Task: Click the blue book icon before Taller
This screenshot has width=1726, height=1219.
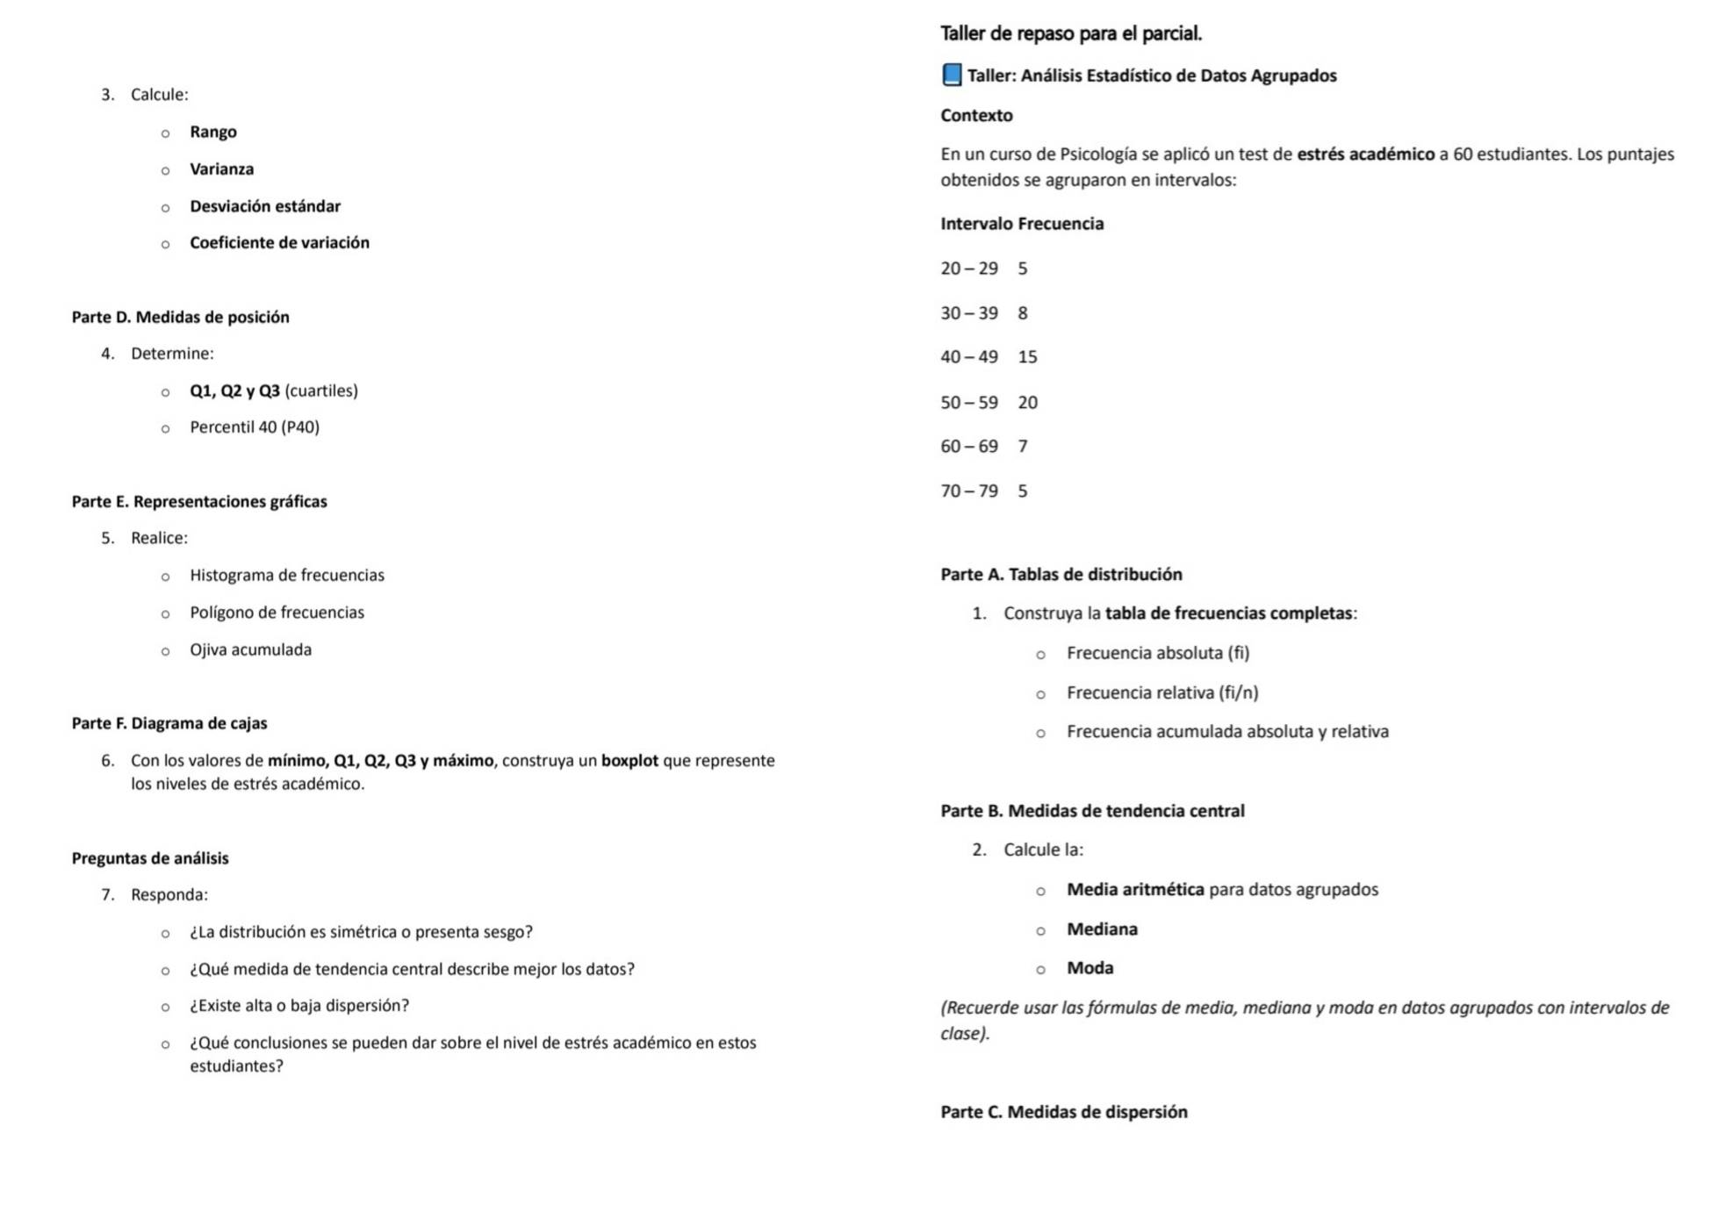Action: click(x=951, y=75)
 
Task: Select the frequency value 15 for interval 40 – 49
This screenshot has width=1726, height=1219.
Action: click(x=1027, y=357)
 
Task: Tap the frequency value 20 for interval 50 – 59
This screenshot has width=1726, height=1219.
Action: click(x=1027, y=403)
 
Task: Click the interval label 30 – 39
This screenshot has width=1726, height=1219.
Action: click(x=968, y=313)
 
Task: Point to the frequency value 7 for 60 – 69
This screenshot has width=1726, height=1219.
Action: click(x=1022, y=447)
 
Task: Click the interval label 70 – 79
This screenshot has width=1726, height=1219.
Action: click(x=968, y=491)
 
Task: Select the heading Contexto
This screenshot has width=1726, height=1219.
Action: click(x=976, y=116)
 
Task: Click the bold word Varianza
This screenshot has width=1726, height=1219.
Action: click(x=221, y=169)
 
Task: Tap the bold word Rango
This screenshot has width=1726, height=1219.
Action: click(x=212, y=132)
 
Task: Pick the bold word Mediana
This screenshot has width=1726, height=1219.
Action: click(x=1101, y=929)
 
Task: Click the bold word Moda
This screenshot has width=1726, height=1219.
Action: click(x=1090, y=968)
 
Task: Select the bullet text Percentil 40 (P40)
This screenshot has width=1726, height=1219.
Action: click(x=254, y=427)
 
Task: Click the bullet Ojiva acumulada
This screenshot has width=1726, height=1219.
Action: click(x=250, y=650)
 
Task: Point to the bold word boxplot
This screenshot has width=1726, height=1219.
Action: click(x=629, y=761)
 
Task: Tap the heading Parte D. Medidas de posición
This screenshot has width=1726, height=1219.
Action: click(x=180, y=318)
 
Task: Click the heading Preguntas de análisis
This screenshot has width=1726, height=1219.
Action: click(x=150, y=858)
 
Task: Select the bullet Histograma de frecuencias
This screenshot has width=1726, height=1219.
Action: click(x=286, y=576)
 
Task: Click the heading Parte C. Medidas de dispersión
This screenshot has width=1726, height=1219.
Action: click(x=1063, y=1112)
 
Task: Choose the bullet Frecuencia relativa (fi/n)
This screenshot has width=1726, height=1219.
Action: click(x=1161, y=693)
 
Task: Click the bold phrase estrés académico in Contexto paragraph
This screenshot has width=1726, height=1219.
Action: click(x=1365, y=154)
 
